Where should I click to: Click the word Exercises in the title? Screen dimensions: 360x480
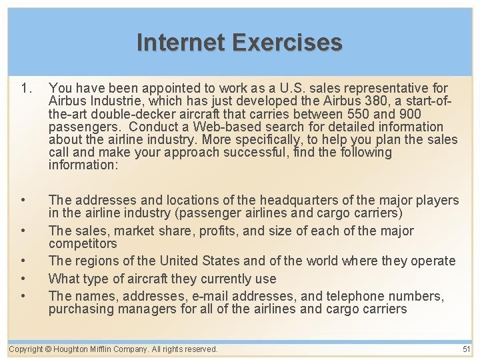(287, 43)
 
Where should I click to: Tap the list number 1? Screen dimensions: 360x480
(27, 88)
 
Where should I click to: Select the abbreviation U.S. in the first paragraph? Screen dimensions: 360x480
(294, 88)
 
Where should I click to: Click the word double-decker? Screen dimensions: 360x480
(109, 114)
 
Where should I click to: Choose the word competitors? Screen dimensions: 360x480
(83, 244)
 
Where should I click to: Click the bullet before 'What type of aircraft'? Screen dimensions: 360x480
(24, 279)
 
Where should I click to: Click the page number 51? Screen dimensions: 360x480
(466, 349)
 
